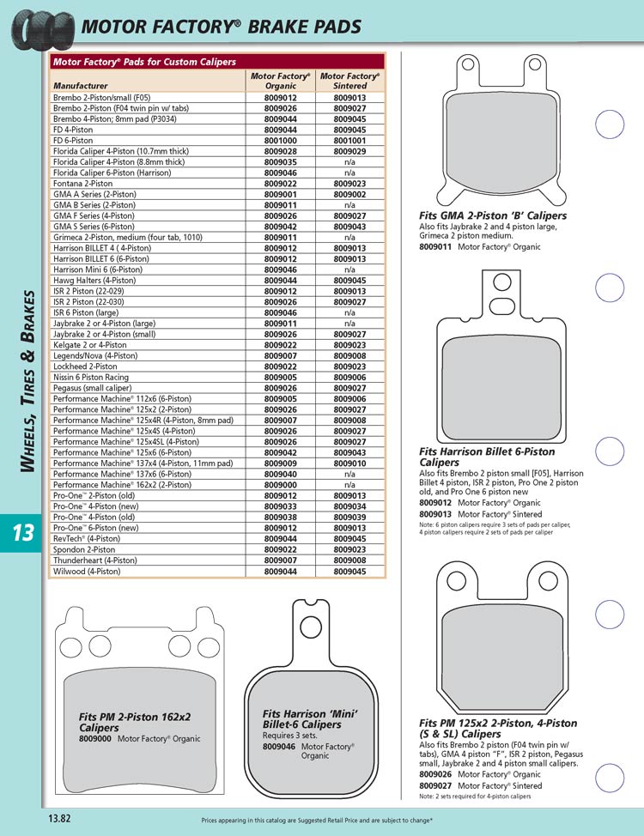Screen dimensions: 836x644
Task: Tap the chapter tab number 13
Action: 22,533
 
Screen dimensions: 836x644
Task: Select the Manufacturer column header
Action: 81,86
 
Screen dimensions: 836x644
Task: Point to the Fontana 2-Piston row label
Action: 82,183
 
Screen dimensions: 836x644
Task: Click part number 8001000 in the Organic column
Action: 281,139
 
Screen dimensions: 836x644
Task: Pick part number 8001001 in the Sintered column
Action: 349,139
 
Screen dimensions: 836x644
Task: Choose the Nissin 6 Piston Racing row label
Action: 91,376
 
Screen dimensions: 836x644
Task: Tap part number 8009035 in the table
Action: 281,161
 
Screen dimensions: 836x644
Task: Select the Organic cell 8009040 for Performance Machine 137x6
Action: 281,474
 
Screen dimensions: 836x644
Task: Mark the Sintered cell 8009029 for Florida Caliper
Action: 349,150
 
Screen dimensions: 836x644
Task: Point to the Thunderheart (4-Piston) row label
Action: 94,560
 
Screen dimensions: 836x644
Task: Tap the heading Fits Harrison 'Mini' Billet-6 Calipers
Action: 309,719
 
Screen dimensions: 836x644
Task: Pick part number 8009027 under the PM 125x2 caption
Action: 436,785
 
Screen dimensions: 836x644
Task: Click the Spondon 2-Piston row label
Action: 84,549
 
